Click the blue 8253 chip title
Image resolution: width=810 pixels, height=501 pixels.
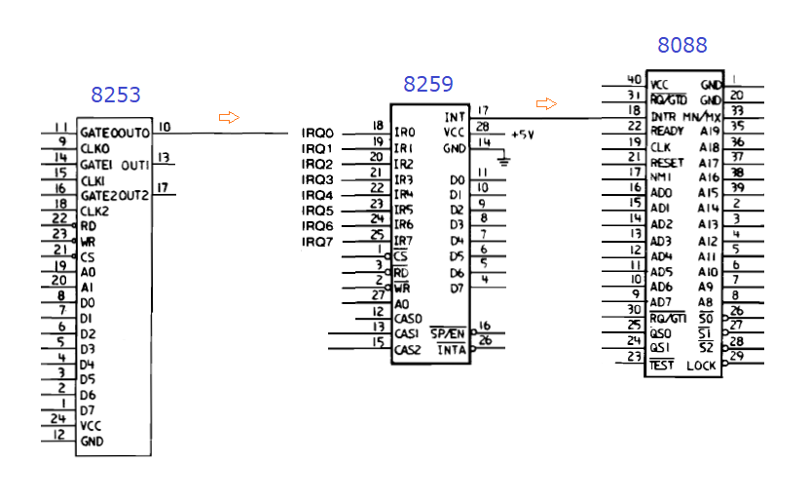pyautogui.click(x=116, y=95)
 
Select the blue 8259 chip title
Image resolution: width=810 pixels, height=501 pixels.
pyautogui.click(x=428, y=85)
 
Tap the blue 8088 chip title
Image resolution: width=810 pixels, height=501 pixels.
pyautogui.click(x=682, y=45)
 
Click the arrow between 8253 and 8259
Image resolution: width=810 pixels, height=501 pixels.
pyautogui.click(x=229, y=117)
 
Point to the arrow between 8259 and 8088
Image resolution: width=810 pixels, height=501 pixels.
pyautogui.click(x=546, y=103)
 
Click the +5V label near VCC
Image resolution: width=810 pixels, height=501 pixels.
pyautogui.click(x=523, y=134)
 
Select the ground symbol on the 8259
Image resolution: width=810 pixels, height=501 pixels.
pyautogui.click(x=503, y=157)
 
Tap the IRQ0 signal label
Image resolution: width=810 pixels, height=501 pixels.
pyautogui.click(x=317, y=133)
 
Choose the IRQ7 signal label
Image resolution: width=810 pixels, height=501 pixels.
pyautogui.click(x=317, y=242)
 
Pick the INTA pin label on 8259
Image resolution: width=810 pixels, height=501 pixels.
pyautogui.click(x=451, y=350)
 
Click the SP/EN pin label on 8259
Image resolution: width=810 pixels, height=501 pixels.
pyautogui.click(x=449, y=333)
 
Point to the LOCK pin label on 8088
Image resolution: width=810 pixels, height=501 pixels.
pyautogui.click(x=701, y=366)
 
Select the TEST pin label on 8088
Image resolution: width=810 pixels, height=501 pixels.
pyautogui.click(x=662, y=365)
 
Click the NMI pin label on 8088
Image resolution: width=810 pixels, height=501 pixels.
pyautogui.click(x=660, y=177)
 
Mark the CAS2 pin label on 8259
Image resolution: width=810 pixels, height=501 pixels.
pyautogui.click(x=408, y=350)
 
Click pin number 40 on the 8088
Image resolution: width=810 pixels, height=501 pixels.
pyautogui.click(x=634, y=80)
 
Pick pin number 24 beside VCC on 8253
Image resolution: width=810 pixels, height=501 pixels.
pyautogui.click(x=58, y=419)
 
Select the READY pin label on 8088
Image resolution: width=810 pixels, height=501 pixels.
pyautogui.click(x=667, y=131)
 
